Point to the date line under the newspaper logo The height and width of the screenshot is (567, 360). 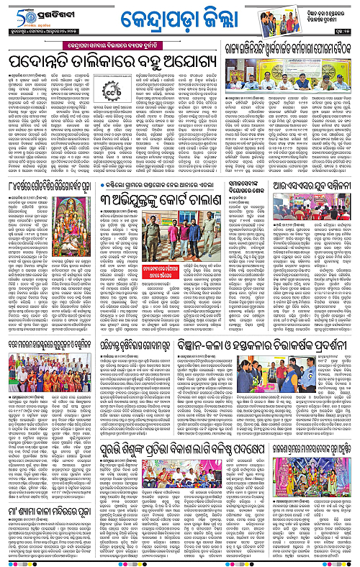click(43, 34)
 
